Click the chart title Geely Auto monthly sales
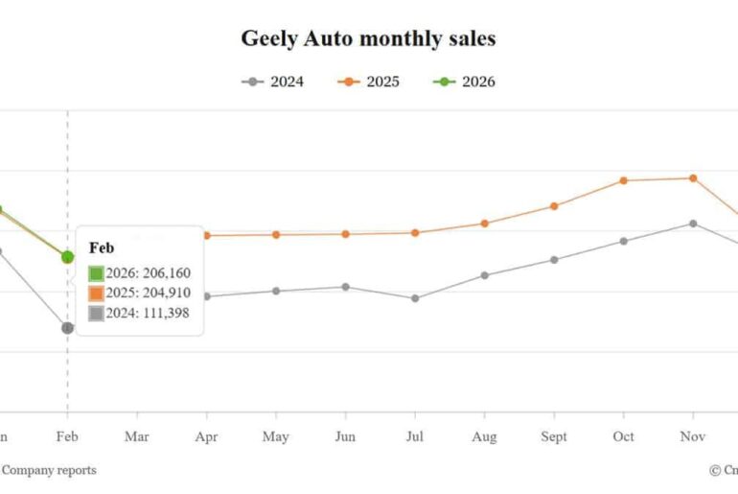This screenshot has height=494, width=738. (368, 39)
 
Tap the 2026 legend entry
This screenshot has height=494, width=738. (464, 82)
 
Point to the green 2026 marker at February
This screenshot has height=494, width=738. (67, 257)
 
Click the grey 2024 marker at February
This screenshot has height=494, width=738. (67, 328)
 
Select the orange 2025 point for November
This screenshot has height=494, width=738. (693, 178)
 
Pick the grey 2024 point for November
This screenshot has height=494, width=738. (693, 223)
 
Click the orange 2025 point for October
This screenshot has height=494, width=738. (623, 180)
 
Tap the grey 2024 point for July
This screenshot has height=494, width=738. (415, 298)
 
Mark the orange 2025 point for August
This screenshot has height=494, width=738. (484, 223)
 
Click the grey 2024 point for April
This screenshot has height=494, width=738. (206, 296)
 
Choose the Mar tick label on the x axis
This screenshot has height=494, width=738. (137, 436)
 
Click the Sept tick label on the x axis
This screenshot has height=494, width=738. (554, 436)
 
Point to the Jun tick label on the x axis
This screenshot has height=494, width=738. (345, 436)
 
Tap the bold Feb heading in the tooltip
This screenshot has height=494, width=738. (102, 247)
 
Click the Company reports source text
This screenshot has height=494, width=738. (49, 470)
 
